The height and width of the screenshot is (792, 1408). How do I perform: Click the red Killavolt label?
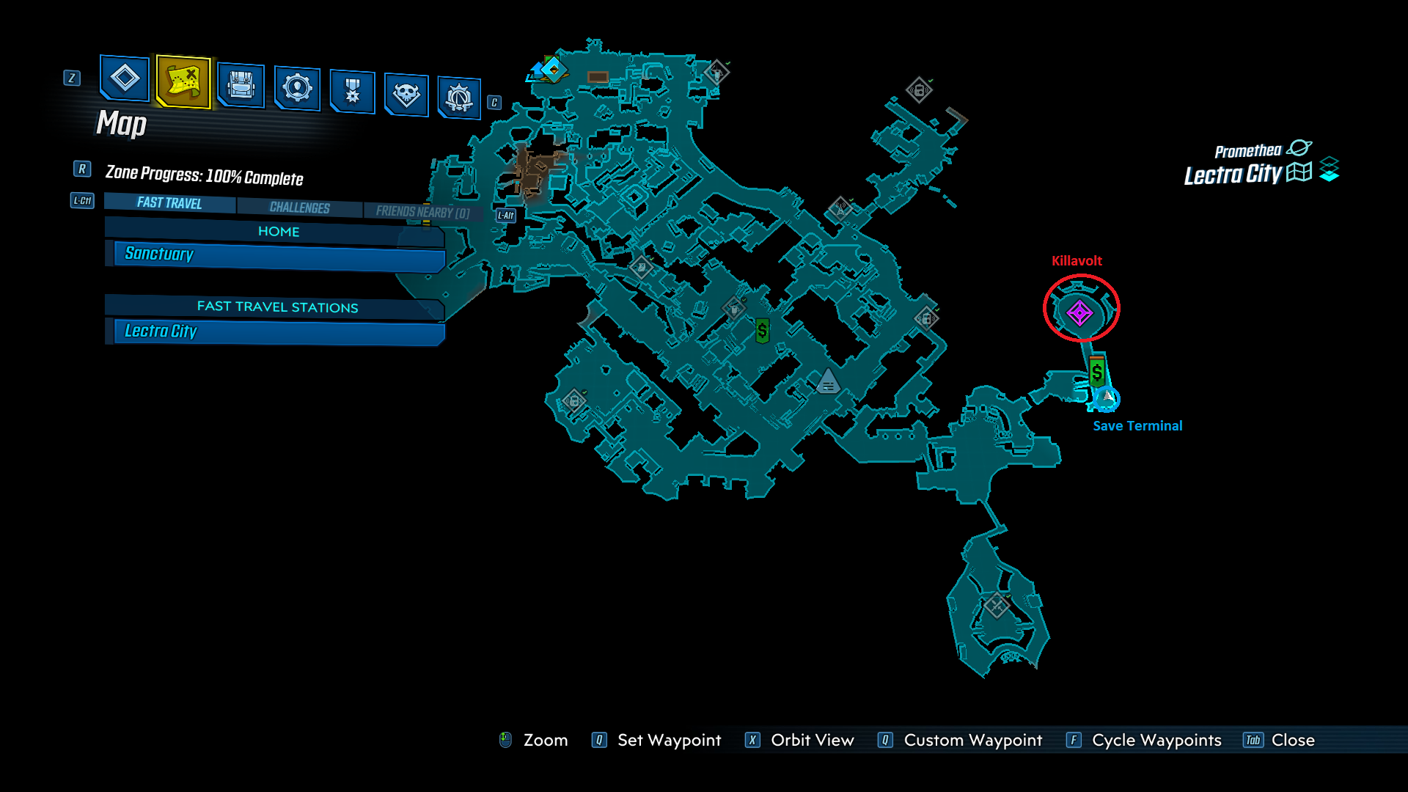(1077, 261)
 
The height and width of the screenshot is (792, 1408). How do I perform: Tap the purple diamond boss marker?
(1079, 313)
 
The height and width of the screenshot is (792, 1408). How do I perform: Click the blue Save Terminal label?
(1137, 426)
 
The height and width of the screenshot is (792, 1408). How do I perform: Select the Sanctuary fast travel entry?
(279, 255)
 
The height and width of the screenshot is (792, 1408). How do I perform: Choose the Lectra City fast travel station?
(279, 331)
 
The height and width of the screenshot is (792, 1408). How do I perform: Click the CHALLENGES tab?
(299, 208)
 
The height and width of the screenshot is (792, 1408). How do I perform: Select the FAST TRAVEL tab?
(169, 203)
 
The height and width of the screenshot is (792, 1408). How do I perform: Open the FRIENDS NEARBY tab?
(422, 212)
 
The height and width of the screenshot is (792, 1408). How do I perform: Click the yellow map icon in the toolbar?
(183, 81)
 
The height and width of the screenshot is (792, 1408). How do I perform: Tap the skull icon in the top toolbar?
(406, 94)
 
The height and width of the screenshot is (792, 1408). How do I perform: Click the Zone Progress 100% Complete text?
(204, 175)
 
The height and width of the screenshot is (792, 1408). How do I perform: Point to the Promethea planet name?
(1247, 151)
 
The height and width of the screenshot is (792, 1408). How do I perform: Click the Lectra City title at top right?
(1233, 175)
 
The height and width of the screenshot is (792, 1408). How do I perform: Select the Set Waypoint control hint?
(669, 740)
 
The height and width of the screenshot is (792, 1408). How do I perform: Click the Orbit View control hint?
(812, 740)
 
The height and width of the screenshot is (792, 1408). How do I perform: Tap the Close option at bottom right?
(1292, 740)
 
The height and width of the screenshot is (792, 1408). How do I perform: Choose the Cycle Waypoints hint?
(1156, 740)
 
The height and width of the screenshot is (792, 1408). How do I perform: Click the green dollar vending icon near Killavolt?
(1097, 373)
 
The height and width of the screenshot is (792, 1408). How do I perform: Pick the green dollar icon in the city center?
(763, 331)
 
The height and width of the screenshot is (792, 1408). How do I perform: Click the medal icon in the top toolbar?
(353, 91)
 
